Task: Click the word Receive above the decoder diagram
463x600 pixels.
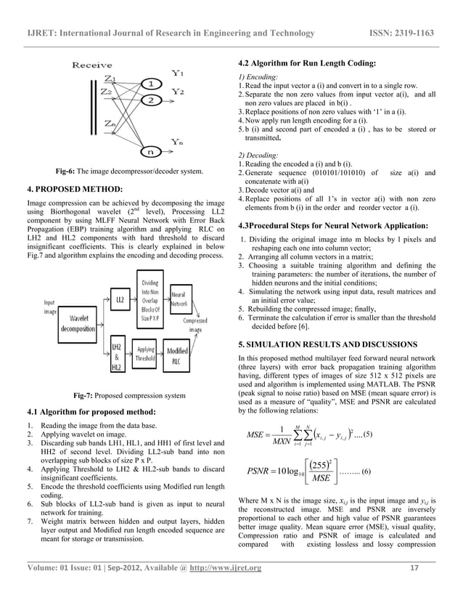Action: [x=92, y=65]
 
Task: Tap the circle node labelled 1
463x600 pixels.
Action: [x=149, y=84]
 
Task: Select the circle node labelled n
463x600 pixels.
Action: [x=149, y=152]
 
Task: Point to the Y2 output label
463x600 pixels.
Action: [x=178, y=91]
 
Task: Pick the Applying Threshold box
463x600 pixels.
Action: [x=146, y=353]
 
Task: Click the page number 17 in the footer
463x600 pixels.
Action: [x=414, y=587]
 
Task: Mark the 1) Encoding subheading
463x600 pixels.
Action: [x=255, y=76]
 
